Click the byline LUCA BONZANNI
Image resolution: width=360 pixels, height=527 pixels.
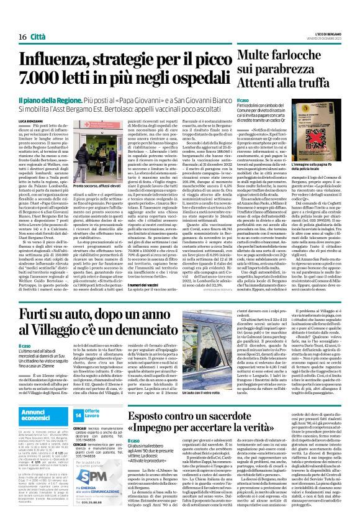[34, 119]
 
